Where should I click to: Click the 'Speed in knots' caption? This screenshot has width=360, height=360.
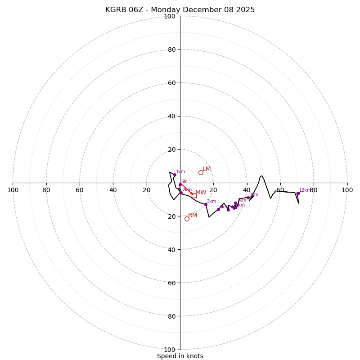pos(180,356)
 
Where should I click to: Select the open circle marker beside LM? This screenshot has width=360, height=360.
pos(201,172)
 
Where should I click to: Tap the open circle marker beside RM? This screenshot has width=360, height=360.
pos(187,219)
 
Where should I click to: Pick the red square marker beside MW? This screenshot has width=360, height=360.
pos(194,195)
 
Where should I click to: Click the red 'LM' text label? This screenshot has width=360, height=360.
pos(207,169)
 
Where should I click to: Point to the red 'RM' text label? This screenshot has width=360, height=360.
pos(193,216)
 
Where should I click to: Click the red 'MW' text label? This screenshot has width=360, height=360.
pos(201,193)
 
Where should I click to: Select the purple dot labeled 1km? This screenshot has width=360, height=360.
pos(175,175)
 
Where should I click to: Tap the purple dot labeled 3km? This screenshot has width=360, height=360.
pos(206,204)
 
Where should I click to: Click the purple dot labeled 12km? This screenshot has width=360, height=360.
pos(298,193)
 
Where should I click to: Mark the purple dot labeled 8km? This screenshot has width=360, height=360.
pos(248,198)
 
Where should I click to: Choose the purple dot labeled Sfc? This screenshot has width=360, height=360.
pos(180,184)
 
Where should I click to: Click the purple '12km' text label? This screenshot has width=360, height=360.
pos(305,190)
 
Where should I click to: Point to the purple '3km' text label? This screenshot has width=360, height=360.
pos(211,201)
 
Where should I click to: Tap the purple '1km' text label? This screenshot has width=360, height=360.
pos(180,171)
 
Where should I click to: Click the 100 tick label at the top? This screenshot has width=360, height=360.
pos(170,17)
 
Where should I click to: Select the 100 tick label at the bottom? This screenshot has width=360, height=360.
pos(170,350)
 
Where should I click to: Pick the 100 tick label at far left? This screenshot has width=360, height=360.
pos(13,190)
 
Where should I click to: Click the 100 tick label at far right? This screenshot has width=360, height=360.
pos(347,190)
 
